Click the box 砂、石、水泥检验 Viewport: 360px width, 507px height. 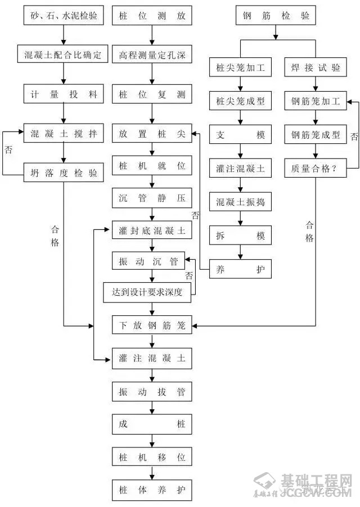[64, 17]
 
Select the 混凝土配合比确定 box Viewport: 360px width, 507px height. [64, 55]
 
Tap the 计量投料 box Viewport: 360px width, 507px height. [64, 94]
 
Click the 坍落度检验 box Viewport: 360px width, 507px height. [64, 174]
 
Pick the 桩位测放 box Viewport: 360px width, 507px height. [152, 17]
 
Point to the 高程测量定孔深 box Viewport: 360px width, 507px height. [152, 55]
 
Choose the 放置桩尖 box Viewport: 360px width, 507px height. [152, 134]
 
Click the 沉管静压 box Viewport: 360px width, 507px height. [152, 198]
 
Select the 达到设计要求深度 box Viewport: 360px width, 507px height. [151, 292]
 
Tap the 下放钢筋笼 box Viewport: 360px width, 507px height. [152, 325]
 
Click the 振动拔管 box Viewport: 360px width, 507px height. [152, 392]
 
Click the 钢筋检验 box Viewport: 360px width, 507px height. [275, 17]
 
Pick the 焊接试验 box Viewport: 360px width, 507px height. [316, 69]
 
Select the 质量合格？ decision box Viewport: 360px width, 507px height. [316, 168]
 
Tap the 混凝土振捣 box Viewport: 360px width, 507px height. [240, 201]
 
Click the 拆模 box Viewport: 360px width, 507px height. [240, 236]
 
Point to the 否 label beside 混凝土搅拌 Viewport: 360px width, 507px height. [8, 150]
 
